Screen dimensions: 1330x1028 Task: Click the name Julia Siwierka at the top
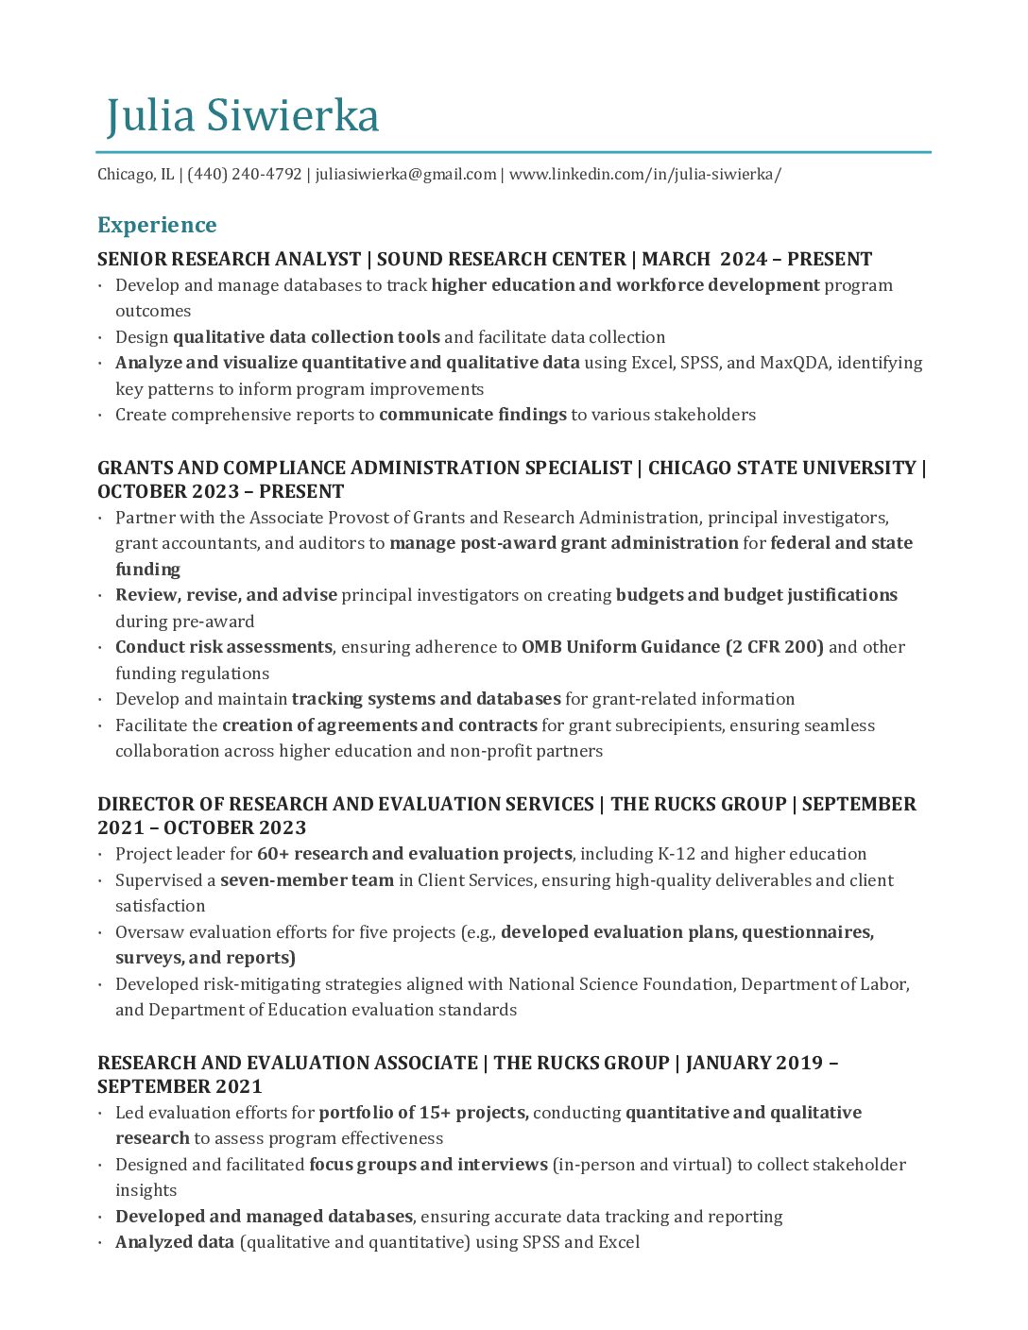[x=242, y=116]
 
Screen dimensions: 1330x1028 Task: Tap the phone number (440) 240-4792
[x=245, y=175]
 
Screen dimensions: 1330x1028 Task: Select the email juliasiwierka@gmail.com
[x=405, y=175]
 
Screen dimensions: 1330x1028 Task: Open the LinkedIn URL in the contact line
[x=644, y=175]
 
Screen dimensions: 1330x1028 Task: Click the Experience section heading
[x=157, y=225]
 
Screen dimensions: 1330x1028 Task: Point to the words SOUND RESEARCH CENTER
[x=501, y=260]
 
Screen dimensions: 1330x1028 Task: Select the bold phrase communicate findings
[x=472, y=415]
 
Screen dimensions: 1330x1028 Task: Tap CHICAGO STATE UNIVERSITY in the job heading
[x=781, y=469]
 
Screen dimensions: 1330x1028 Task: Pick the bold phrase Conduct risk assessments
[x=223, y=647]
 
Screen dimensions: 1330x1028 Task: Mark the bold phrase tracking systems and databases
[x=426, y=699]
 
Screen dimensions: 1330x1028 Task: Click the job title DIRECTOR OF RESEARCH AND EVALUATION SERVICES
[x=345, y=805]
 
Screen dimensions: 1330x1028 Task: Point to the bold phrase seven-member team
[x=307, y=880]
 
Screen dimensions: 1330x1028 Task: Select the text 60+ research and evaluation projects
[x=414, y=854]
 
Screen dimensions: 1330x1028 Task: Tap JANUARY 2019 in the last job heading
[x=754, y=1064]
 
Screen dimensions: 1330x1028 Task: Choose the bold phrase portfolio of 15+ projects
[x=423, y=1113]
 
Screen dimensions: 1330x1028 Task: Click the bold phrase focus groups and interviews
[x=428, y=1165]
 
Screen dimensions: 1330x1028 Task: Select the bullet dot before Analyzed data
[x=101, y=1243]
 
